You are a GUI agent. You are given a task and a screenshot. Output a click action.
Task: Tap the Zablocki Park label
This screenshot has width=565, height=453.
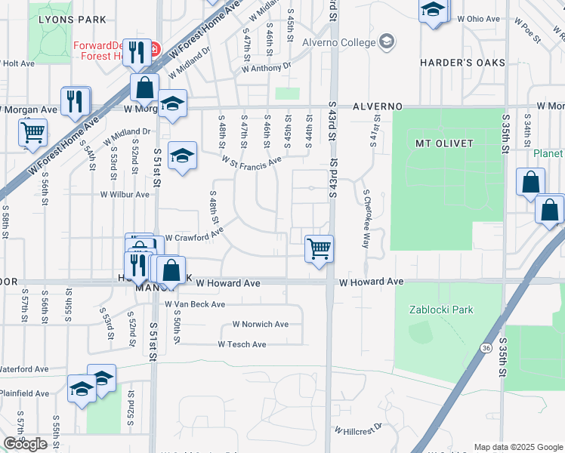point(440,309)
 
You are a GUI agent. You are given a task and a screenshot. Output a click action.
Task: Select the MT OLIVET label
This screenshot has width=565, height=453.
point(444,143)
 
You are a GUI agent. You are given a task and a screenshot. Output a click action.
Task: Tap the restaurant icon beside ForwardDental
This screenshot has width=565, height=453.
point(136,53)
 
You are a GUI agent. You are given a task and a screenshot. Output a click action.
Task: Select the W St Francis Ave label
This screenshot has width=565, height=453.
point(252,160)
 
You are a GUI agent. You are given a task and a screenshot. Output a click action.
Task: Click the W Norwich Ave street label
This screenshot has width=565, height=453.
point(260,325)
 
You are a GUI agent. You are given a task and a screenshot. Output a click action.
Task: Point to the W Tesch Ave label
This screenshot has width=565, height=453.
point(242,344)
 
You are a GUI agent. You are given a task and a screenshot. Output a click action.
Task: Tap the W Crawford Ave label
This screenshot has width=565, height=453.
point(193,237)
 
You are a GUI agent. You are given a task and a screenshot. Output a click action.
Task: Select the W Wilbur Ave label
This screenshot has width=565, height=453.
point(125,194)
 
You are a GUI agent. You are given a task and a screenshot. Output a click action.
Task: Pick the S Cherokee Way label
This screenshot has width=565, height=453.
point(366,220)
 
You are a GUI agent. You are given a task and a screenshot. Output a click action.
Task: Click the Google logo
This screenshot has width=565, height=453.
point(25,444)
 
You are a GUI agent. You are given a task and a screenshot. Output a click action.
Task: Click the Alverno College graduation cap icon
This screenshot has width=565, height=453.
point(387,40)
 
